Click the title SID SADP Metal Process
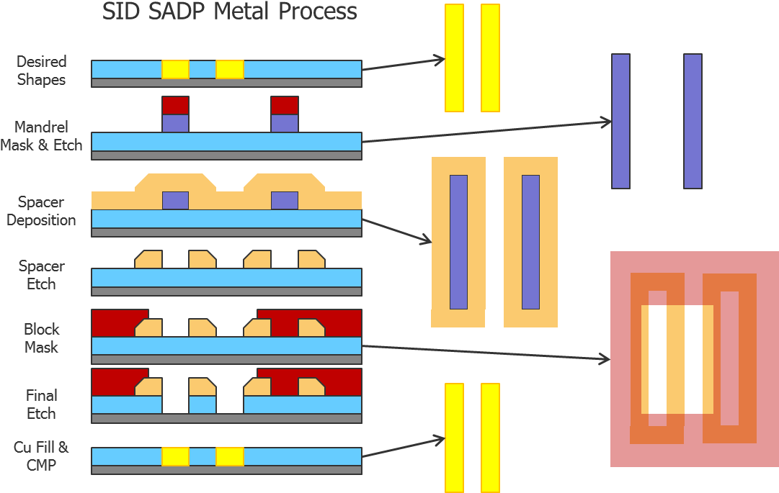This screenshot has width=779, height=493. tap(229, 12)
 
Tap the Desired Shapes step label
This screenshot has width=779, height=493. tap(41, 71)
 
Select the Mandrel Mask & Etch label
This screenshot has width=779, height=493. tap(41, 136)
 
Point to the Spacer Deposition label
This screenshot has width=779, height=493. tap(41, 211)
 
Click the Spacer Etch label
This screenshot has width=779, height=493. tap(41, 275)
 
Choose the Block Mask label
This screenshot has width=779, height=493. tap(41, 338)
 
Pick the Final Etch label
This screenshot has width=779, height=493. tap(41, 404)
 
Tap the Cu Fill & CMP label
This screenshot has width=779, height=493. tap(41, 456)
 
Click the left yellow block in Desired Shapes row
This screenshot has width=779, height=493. tap(175, 69)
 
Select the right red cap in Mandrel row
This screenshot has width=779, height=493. tap(285, 105)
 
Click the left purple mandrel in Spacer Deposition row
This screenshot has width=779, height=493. tap(175, 200)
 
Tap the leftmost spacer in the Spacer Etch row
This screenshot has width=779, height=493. tap(148, 259)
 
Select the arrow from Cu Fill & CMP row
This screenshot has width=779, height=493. tap(404, 446)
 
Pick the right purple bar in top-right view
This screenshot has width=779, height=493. tap(693, 121)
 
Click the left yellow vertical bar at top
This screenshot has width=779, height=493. tap(454, 58)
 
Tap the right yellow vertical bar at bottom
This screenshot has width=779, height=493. tap(490, 438)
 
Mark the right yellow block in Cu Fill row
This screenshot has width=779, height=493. tap(230, 456)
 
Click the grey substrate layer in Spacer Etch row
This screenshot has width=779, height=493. tap(226, 291)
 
